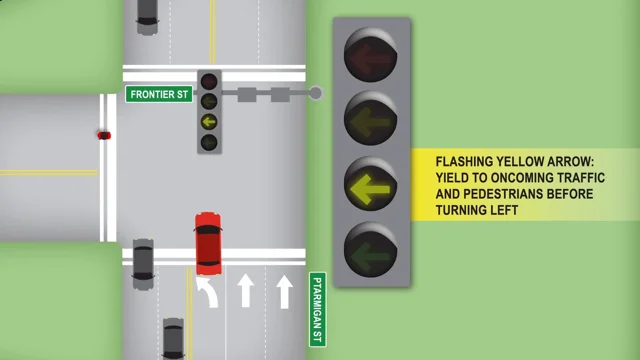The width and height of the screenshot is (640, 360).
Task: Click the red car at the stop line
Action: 207,242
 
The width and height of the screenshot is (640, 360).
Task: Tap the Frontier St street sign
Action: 157,94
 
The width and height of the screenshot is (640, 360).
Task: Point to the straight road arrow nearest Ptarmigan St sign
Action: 284,291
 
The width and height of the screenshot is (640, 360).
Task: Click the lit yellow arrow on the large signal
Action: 371,185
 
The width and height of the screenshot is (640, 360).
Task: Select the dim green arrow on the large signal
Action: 371,251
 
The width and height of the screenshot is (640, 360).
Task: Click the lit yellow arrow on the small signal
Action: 209,121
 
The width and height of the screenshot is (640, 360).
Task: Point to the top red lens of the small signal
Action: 209,81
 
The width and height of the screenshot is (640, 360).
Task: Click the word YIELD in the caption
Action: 454,176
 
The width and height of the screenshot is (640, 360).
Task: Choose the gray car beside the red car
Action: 143,260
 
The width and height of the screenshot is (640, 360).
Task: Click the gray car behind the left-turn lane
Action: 173,338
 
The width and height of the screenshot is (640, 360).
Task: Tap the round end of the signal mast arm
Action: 316,94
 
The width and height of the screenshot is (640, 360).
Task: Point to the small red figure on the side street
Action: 103,134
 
